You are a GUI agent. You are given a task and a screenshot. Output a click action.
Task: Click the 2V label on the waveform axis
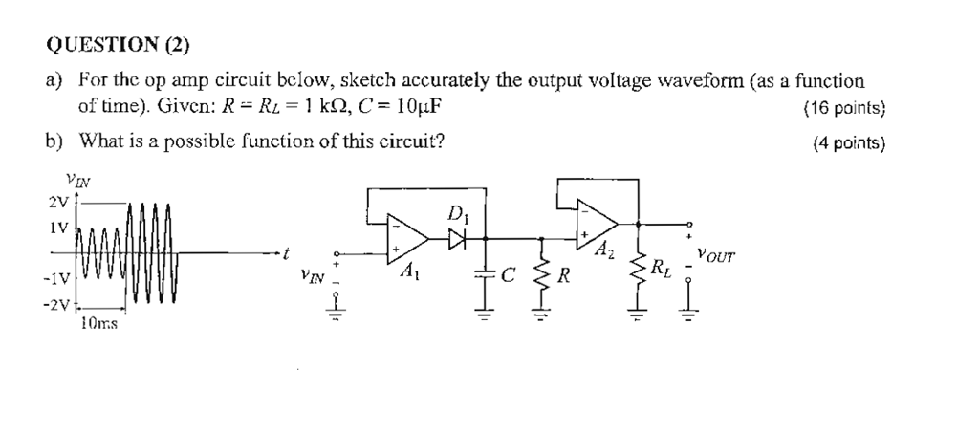(x=56, y=202)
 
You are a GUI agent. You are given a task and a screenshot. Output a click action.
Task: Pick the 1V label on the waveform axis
(x=58, y=229)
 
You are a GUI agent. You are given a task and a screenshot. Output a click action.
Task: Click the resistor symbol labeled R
(x=541, y=277)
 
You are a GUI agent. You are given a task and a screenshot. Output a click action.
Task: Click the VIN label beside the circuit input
(x=312, y=278)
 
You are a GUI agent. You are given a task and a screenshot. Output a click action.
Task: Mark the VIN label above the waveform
(x=76, y=179)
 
